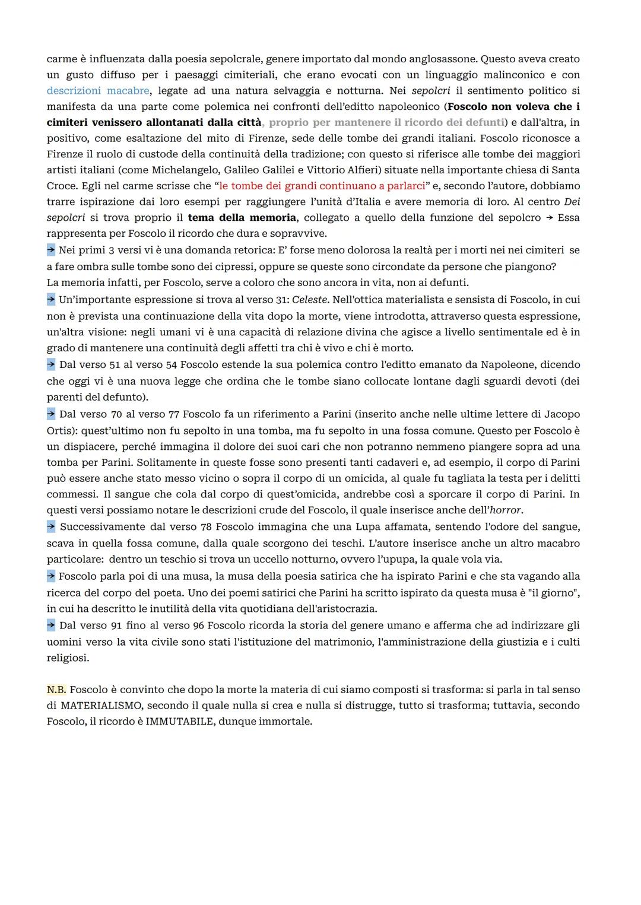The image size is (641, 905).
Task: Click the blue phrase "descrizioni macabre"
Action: coord(98,91)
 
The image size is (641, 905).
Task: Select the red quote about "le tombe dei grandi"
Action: coord(322,186)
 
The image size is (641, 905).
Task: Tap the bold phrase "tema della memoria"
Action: coord(242,218)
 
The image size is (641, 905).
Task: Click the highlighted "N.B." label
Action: coord(56,690)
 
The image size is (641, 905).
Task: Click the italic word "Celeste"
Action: coord(310,300)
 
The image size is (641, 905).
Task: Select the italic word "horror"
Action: coord(505,510)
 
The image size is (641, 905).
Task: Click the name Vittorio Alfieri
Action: coord(342,170)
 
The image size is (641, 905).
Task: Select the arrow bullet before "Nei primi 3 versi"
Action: coord(51,250)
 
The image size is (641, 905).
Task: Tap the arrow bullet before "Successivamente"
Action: coord(51,526)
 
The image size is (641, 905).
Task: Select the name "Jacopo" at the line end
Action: coord(562,414)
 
